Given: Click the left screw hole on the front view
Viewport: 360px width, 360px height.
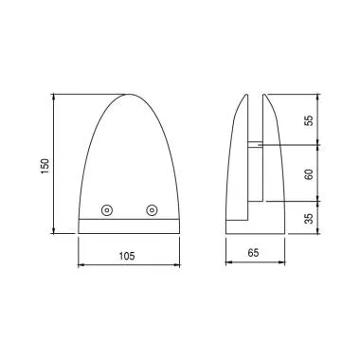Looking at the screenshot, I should coord(107,209).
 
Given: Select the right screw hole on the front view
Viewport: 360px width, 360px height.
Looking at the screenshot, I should coord(152,209).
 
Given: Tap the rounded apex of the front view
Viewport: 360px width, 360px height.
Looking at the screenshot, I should coord(129,95).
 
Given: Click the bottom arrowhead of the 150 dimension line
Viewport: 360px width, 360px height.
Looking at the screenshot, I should coord(56,233).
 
